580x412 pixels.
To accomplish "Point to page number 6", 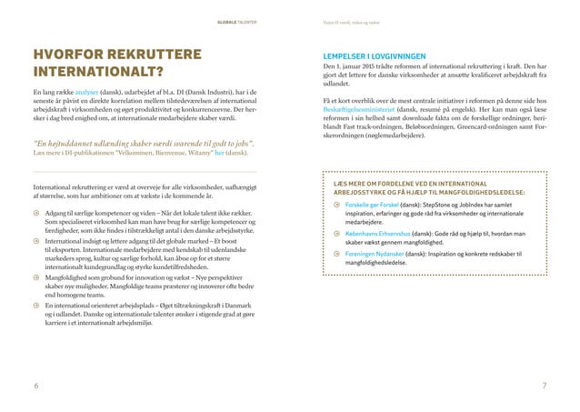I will (35, 386).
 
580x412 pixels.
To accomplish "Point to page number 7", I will (543, 386).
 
